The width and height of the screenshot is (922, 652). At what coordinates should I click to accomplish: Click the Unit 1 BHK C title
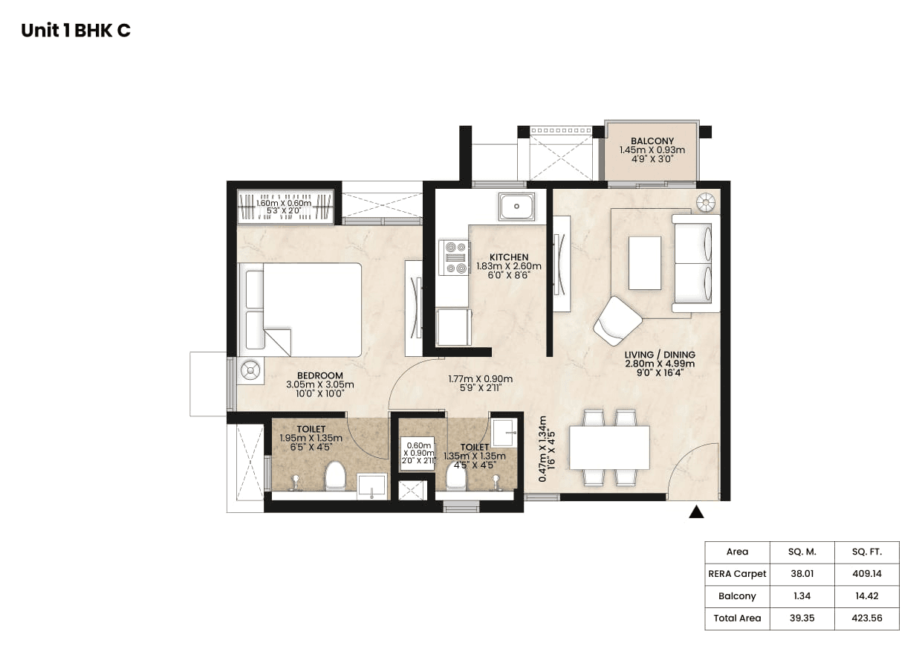76,30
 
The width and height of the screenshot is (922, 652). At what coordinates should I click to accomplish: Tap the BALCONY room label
652,141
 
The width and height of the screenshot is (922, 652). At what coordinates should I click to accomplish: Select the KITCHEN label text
509,257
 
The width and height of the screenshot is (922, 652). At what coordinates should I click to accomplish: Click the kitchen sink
516,205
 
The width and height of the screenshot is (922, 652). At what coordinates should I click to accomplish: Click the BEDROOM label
319,375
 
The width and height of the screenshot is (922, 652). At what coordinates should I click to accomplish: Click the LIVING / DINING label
659,354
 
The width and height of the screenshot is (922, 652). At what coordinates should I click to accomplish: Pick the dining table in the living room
609,448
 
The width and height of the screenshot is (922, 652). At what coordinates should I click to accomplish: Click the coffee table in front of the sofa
644,262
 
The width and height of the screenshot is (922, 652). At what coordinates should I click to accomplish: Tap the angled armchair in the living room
617,320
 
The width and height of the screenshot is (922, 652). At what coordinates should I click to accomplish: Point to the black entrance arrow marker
696,511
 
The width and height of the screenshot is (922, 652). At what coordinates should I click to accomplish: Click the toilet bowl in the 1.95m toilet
336,476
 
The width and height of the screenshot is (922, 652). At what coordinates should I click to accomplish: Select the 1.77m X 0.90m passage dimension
480,378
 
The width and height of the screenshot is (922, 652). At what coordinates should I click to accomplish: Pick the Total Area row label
737,619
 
